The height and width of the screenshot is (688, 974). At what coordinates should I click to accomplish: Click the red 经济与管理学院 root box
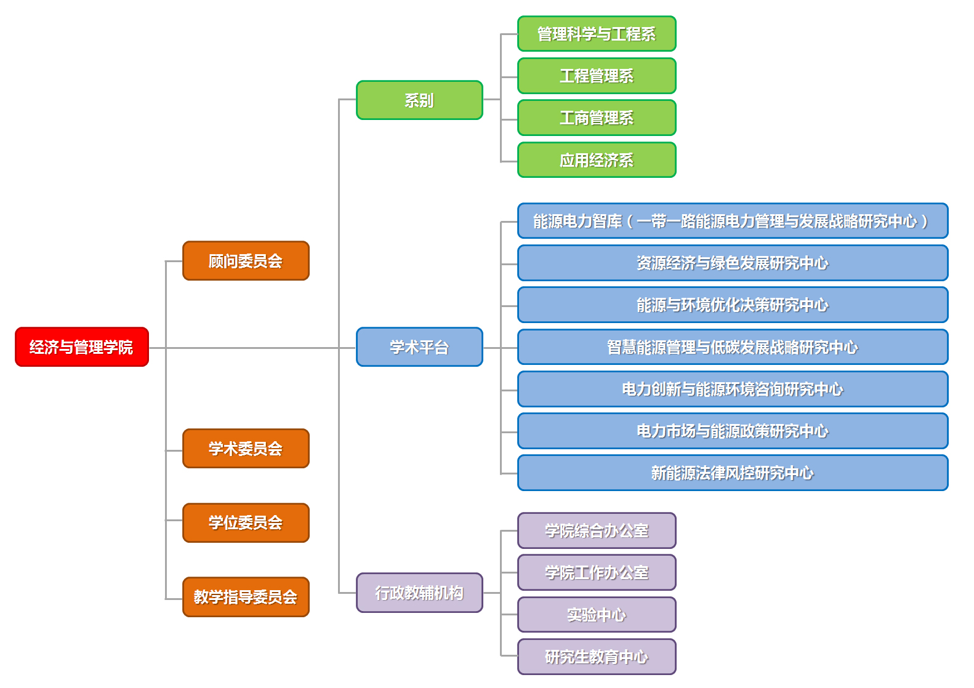82,347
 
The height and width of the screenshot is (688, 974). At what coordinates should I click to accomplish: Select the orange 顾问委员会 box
246,261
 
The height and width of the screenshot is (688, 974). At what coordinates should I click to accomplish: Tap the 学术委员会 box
246,449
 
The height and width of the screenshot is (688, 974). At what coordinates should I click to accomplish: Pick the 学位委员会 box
246,522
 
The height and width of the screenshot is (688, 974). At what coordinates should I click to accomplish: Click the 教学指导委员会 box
246,597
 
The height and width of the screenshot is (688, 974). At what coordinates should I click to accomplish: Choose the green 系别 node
419,100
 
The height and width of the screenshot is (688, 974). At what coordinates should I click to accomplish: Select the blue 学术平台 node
419,347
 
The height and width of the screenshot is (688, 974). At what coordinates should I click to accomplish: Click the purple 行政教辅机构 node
419,593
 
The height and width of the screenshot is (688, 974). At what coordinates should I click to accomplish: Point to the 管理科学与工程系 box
597,34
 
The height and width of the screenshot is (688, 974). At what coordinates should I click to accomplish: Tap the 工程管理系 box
597,76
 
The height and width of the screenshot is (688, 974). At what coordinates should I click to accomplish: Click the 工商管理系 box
597,118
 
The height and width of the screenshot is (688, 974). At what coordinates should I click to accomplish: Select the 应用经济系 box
597,160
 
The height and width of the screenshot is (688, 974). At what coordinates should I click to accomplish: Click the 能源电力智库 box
733,221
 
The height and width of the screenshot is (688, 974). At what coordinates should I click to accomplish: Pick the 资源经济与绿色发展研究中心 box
733,263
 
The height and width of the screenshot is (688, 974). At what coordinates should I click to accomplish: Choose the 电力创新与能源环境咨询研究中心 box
733,389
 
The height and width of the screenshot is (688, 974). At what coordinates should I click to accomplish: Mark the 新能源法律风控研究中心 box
733,473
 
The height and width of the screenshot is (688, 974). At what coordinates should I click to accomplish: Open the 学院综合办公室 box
597,530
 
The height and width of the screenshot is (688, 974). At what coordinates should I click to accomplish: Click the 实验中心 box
597,615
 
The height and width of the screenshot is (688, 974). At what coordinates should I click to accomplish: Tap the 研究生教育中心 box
597,657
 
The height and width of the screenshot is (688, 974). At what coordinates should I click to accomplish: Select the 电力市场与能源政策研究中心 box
733,431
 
